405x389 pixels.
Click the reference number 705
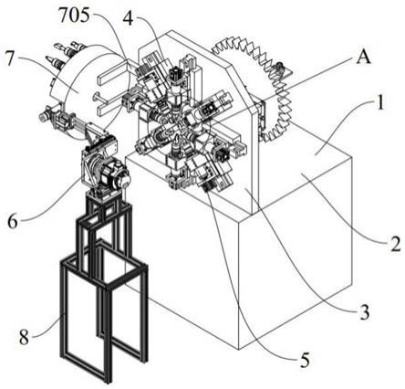pyautogui.click(x=74, y=16)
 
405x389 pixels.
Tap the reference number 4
pyautogui.click(x=129, y=18)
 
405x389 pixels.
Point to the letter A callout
pyautogui.click(x=364, y=57)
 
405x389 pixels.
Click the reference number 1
pyautogui.click(x=379, y=102)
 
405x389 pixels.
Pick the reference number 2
pyautogui.click(x=396, y=244)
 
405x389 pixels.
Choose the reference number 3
pyautogui.click(x=364, y=311)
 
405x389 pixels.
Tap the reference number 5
pyautogui.click(x=305, y=359)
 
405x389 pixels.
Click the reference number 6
pyautogui.click(x=13, y=222)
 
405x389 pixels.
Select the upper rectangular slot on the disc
pyautogui.click(x=112, y=72)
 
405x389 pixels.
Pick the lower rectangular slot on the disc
pyautogui.click(x=112, y=108)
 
